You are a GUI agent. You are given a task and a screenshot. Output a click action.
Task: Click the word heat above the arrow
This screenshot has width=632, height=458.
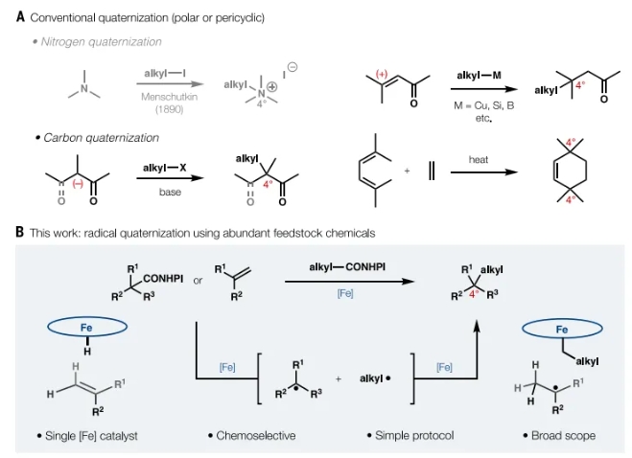point(480,159)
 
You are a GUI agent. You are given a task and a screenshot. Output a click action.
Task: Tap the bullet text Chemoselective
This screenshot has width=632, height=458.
point(250,435)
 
